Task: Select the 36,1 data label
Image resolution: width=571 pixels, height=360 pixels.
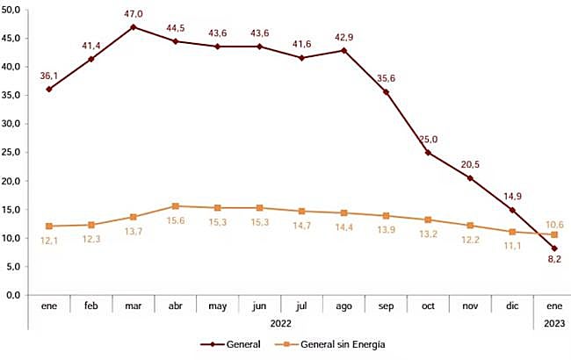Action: tap(50, 76)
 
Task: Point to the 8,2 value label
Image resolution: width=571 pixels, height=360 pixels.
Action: tap(553, 261)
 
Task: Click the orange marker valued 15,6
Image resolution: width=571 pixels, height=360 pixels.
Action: tap(176, 206)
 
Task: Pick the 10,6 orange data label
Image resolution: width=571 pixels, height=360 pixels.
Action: tap(553, 225)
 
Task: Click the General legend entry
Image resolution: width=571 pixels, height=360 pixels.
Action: tap(232, 344)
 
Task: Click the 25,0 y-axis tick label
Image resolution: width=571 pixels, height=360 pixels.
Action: tap(17, 153)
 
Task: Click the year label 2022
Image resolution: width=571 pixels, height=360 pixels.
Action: tap(280, 323)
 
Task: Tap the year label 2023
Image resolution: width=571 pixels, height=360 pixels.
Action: tap(553, 323)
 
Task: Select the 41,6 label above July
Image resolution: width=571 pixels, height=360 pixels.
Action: tap(302, 44)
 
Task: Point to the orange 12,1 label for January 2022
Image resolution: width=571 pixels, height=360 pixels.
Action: tap(50, 241)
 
